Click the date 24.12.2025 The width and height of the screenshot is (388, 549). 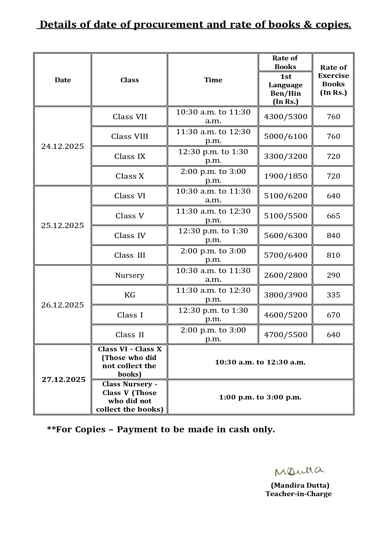pos(63,146)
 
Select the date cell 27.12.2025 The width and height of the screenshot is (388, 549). pos(63,379)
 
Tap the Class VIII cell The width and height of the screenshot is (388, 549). pos(129,136)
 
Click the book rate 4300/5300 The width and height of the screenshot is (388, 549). pos(285,117)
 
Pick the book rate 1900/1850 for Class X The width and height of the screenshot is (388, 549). pos(285,176)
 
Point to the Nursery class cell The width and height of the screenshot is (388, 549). pos(129,275)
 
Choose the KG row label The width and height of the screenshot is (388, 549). pos(129,295)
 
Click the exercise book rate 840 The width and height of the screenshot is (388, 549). pos(333,236)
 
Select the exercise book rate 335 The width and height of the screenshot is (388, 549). pos(333,295)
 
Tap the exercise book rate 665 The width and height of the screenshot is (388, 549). pos(333,216)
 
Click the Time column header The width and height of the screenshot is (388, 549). pos(213,80)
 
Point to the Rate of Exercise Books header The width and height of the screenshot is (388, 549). pos(333,80)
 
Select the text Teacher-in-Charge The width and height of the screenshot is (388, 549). pos(298,494)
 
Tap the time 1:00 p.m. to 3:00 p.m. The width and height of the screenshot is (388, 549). pos(260,397)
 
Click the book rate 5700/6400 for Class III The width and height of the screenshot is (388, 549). pos(285,255)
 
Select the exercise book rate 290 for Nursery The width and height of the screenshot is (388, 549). pos(333,275)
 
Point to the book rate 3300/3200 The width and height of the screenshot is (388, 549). pos(285,156)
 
